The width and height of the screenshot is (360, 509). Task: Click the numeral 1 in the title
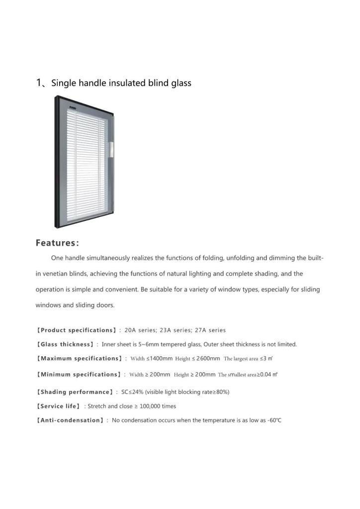[x=39, y=83]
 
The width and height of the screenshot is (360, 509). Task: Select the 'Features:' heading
[x=57, y=243]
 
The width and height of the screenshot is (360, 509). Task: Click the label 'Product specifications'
[x=77, y=330]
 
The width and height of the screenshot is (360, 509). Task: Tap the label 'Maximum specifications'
[x=80, y=358]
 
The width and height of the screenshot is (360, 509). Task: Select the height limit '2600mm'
[x=208, y=358]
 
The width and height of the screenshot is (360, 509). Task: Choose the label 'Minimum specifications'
[x=79, y=374]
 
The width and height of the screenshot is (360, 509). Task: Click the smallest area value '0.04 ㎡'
[x=268, y=374]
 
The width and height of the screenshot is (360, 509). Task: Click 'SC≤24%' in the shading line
[x=132, y=392]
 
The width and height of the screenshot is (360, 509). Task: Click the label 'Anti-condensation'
[x=71, y=420]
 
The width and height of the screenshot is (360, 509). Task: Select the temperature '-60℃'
[x=274, y=420]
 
